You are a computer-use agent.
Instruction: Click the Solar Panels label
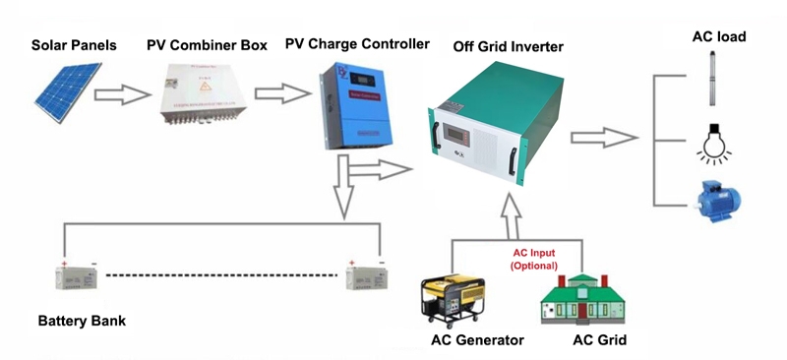point(74,46)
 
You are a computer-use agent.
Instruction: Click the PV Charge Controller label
point(357,44)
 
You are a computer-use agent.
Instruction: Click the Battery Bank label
point(82,322)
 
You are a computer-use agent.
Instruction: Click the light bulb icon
point(712,142)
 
